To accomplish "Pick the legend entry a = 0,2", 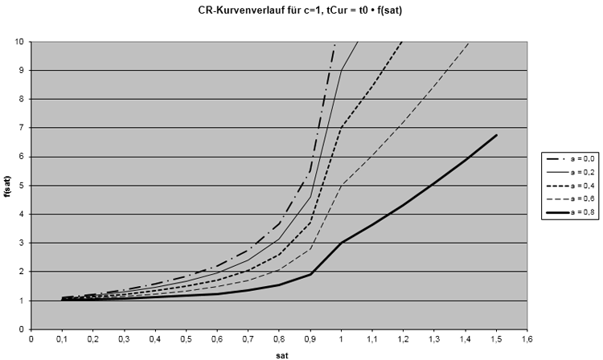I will pos(576,174).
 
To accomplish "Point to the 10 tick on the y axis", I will pos(20,41).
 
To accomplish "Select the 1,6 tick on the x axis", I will pos(527,338).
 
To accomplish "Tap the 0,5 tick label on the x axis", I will pos(186,338).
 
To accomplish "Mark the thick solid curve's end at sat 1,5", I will pos(497,135).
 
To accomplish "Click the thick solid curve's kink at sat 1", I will pos(342,243).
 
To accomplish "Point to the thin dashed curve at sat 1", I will pos(342,185).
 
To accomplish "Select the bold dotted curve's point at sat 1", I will pos(342,127).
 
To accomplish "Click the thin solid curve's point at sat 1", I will pos(342,70).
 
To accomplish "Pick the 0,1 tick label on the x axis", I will pos(62,338).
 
